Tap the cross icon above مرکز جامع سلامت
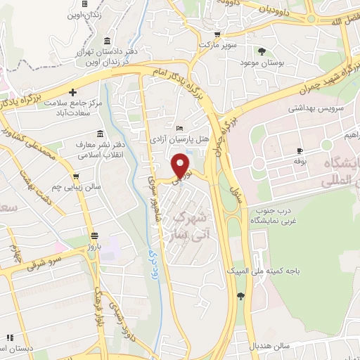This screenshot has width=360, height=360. pos(73,91)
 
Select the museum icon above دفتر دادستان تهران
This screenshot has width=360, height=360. pos(106,39)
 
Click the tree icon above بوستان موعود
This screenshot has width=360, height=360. pos(262,51)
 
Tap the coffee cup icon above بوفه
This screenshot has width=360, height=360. pos(300,151)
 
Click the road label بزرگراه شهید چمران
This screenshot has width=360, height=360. pos(326,79)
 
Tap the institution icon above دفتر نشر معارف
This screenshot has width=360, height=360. pos(101,133)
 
